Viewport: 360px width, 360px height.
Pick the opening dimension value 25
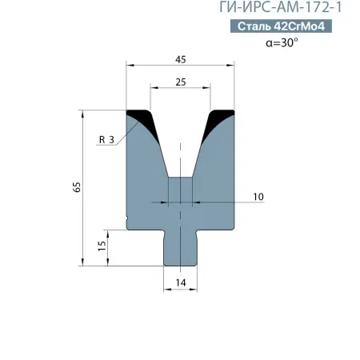point(180,82)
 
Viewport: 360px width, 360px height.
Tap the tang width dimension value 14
point(180,282)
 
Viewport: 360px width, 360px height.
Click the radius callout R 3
point(106,140)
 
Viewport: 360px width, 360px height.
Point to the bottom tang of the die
point(180,248)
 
